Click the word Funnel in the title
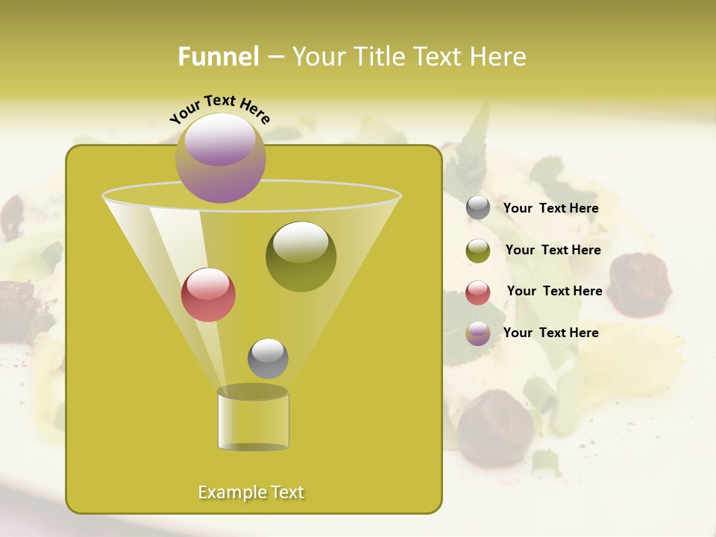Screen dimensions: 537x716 pyautogui.click(x=218, y=57)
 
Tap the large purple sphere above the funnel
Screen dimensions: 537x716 pyautogui.click(x=220, y=157)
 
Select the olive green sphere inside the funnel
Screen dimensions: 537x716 pyautogui.click(x=301, y=256)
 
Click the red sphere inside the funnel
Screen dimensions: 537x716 pyautogui.click(x=209, y=295)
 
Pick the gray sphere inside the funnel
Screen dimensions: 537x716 pyautogui.click(x=268, y=358)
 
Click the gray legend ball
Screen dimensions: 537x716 pyautogui.click(x=478, y=208)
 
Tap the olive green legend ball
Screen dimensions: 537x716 pyautogui.click(x=478, y=251)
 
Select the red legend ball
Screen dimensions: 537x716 pyautogui.click(x=478, y=292)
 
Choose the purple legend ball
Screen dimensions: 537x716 pyautogui.click(x=478, y=333)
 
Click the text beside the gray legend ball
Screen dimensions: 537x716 pyautogui.click(x=550, y=209)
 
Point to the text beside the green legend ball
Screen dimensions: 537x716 pyautogui.click(x=553, y=251)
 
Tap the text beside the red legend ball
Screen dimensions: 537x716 pyautogui.click(x=554, y=292)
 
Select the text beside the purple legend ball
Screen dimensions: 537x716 pyautogui.click(x=550, y=333)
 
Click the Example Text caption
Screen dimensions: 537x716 pyautogui.click(x=251, y=492)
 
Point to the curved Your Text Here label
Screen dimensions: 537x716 pyautogui.click(x=219, y=110)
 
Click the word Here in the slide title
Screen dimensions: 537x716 pyautogui.click(x=500, y=57)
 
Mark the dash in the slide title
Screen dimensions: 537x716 pyautogui.click(x=274, y=57)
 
